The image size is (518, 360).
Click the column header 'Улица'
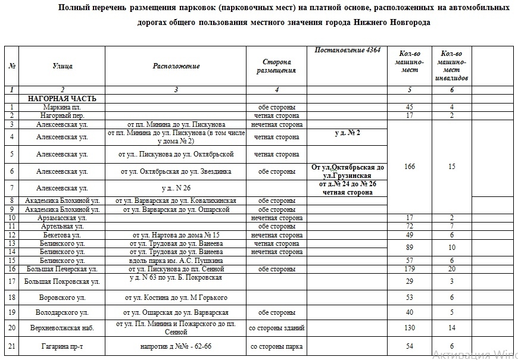point(63,66)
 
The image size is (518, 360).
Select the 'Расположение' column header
point(176,66)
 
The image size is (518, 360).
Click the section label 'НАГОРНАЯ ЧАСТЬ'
point(58,98)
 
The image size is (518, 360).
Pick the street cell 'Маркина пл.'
point(62,107)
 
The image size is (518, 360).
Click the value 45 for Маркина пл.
point(409,107)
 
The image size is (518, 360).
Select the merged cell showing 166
point(409,167)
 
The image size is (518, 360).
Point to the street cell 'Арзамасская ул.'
point(62,218)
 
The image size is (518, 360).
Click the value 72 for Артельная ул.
point(409,227)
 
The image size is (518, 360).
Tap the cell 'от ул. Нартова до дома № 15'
point(176,235)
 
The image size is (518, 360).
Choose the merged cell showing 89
point(409,248)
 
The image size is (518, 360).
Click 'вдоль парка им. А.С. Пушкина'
point(176,261)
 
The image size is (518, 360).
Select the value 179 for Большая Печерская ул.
point(409,269)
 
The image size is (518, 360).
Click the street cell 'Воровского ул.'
point(62,297)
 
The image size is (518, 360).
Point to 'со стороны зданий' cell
point(276,328)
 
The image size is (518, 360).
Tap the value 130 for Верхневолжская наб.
point(409,328)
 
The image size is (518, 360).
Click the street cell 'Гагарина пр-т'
point(62,346)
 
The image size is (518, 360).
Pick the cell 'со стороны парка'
point(276,346)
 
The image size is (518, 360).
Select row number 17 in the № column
point(12,281)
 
